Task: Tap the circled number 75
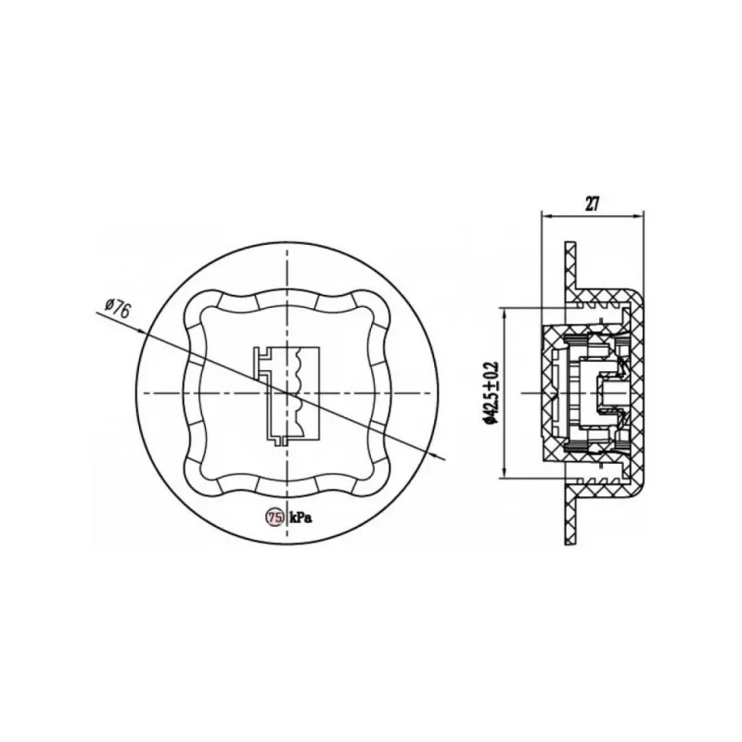pyautogui.click(x=275, y=518)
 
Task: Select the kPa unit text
pyautogui.click(x=301, y=518)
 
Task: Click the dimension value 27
pyautogui.click(x=592, y=203)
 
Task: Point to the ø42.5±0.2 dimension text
pyautogui.click(x=491, y=391)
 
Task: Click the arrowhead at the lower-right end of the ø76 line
pyautogui.click(x=438, y=456)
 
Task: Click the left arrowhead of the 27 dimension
pyautogui.click(x=547, y=216)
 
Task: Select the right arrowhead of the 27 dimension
pyautogui.click(x=639, y=216)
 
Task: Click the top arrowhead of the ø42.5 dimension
pyautogui.click(x=505, y=314)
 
